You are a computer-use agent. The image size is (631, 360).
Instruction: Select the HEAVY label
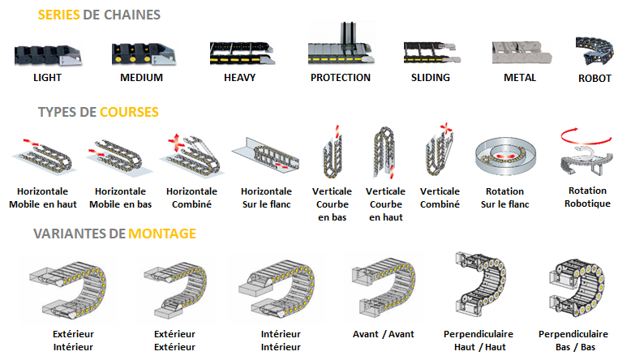pyautogui.click(x=239, y=78)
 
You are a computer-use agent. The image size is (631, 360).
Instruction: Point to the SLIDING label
pyautogui.click(x=431, y=78)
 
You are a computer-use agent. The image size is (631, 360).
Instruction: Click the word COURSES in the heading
pyautogui.click(x=129, y=112)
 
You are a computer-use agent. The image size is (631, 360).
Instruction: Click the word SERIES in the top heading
pyautogui.click(x=58, y=15)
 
